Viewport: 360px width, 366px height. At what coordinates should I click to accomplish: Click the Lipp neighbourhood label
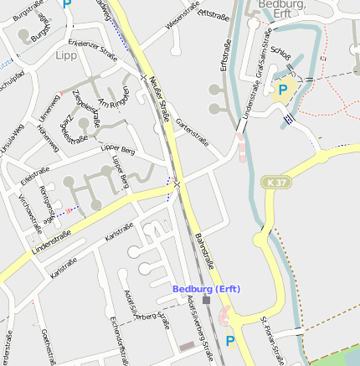point(65,56)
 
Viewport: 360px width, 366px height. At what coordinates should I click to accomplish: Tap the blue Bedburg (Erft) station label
point(207,289)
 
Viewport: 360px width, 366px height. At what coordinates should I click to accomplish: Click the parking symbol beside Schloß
point(283,90)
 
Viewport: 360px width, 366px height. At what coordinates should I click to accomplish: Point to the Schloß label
point(281,56)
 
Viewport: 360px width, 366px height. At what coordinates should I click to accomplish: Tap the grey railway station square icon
point(207,300)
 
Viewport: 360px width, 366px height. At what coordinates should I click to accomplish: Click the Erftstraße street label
point(224,54)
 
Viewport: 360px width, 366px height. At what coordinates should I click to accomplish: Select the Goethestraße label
point(47,347)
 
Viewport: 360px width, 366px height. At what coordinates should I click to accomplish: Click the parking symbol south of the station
point(230,341)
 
